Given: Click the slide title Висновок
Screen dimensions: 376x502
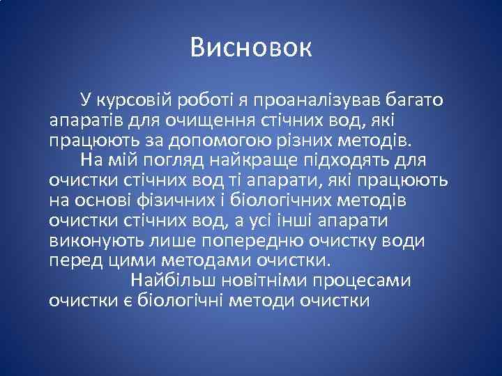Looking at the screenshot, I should [251, 48].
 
